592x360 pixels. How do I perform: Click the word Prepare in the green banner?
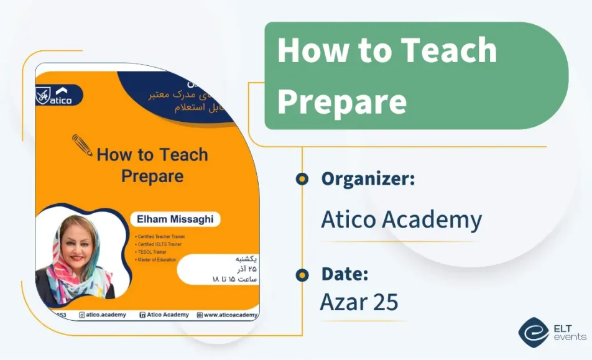click(341, 100)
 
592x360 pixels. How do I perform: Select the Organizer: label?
click(368, 179)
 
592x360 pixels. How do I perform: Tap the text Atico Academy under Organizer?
click(401, 219)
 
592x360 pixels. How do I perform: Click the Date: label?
click(345, 274)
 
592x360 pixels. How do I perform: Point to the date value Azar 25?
click(359, 302)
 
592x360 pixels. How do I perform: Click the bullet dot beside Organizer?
click(302, 180)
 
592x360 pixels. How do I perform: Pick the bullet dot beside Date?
click(302, 274)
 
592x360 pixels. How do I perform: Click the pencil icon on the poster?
click(83, 145)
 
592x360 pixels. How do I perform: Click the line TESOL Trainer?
click(153, 252)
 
